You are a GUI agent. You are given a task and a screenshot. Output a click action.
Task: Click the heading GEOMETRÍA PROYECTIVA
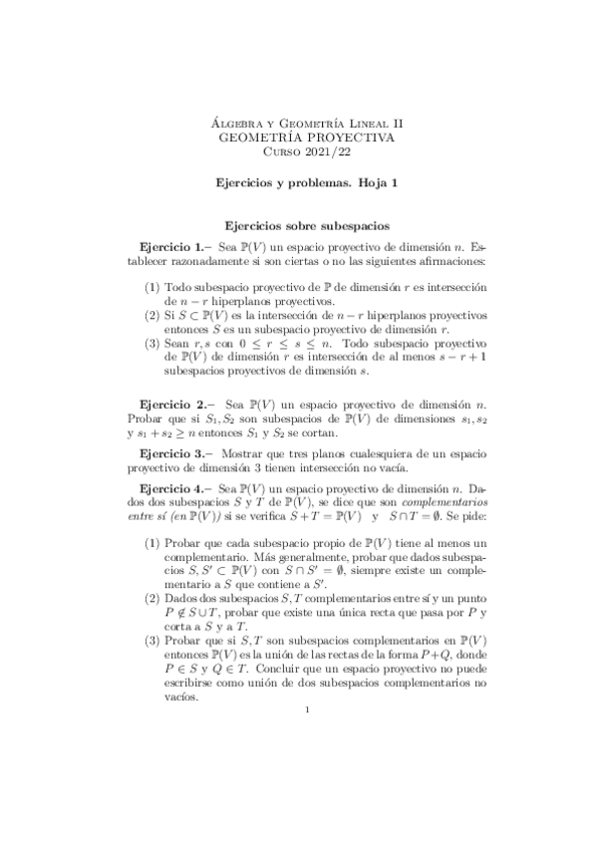pos(298,137)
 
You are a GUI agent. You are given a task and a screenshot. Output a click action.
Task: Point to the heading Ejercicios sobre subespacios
pos(298,226)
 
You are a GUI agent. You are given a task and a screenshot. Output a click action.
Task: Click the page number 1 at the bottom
pos(309,709)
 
